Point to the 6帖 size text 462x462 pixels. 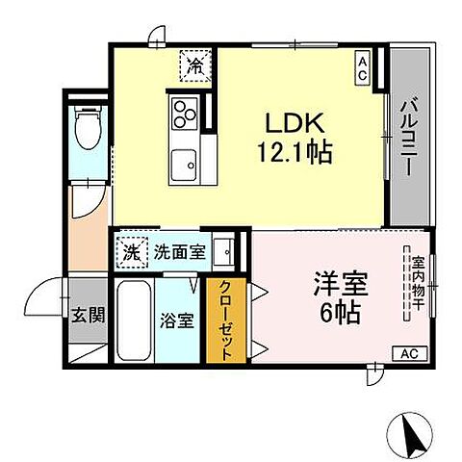tap(336, 315)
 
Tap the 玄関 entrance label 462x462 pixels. tap(88, 316)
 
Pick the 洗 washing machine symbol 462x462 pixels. tap(130, 252)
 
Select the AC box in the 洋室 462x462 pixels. tap(407, 354)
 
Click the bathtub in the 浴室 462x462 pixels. tap(133, 321)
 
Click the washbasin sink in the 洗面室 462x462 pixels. tap(224, 252)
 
